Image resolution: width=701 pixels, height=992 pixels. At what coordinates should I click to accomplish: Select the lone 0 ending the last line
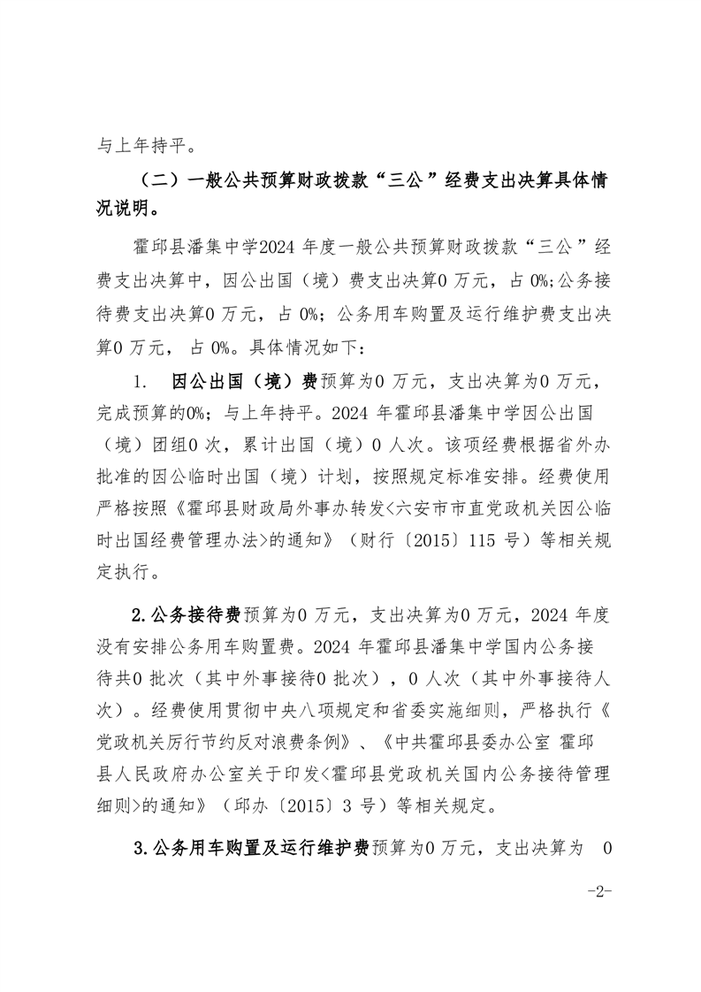(606, 848)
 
